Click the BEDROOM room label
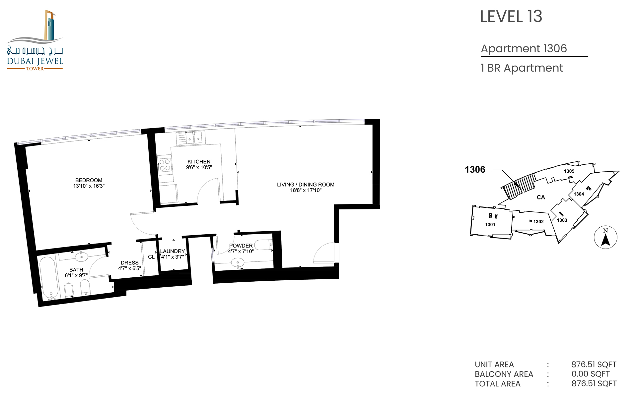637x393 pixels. (x=89, y=180)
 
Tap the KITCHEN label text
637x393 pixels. (x=199, y=162)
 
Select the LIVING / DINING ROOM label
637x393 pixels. (x=306, y=185)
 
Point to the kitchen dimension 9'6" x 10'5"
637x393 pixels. (x=199, y=167)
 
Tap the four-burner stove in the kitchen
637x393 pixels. (x=165, y=165)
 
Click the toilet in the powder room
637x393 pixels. (x=264, y=245)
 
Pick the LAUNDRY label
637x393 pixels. (x=173, y=251)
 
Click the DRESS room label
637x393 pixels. (x=129, y=263)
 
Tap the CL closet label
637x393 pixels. (x=151, y=257)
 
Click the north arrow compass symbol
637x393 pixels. (x=605, y=237)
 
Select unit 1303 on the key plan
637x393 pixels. (x=562, y=220)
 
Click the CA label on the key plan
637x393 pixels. (x=541, y=197)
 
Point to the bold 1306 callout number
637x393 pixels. (x=475, y=170)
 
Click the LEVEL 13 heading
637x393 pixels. (x=511, y=17)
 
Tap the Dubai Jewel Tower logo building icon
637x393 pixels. (x=50, y=25)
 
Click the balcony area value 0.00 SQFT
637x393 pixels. (x=591, y=374)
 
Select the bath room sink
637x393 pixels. (x=82, y=256)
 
